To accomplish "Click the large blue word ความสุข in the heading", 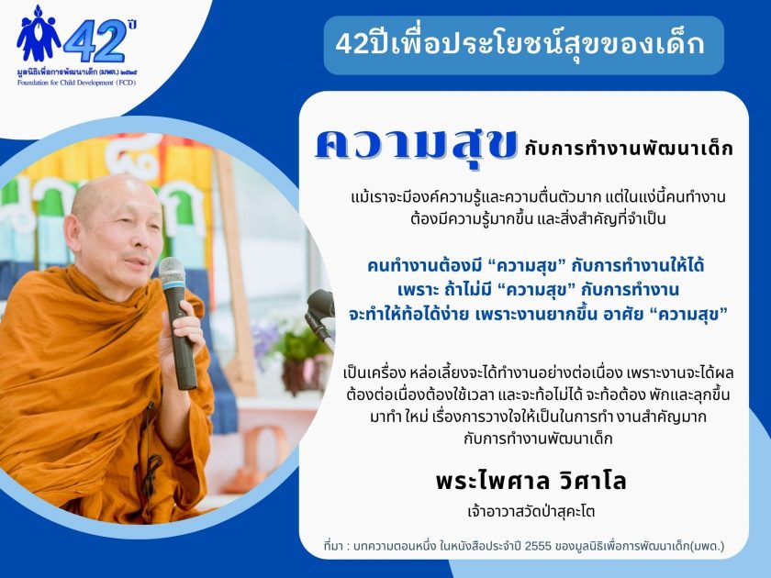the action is click(416, 146).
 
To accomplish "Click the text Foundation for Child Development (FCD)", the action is click(77, 83).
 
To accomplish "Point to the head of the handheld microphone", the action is click(173, 272).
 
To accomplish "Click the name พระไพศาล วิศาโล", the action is click(531, 481).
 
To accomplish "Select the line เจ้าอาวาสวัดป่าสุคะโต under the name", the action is click(531, 512).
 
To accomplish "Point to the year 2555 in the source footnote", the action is click(538, 546).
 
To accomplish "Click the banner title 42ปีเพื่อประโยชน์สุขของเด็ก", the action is click(520, 44).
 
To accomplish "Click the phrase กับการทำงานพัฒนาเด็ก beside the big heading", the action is click(629, 149).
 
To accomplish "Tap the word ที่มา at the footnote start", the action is click(333, 546).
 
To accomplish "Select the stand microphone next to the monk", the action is click(319, 315).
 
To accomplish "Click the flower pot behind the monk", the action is click(300, 376).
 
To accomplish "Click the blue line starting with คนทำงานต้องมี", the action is click(536, 266).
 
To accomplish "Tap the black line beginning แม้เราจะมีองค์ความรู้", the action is click(539, 197).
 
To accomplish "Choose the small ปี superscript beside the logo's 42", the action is click(131, 24).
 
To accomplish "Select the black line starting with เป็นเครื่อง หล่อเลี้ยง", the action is click(538, 373).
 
